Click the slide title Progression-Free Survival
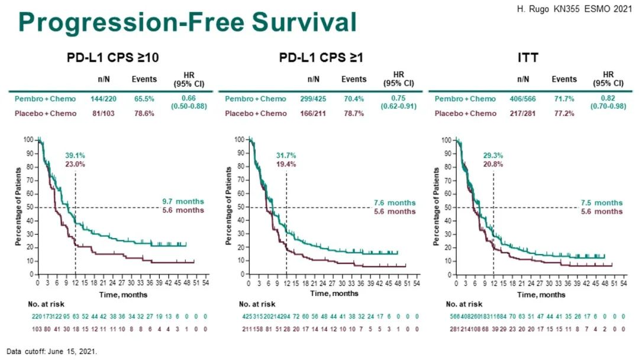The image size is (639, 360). point(187,22)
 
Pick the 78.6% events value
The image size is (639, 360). point(144,113)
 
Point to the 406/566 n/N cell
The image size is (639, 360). point(523,99)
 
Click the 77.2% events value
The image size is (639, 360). point(564,113)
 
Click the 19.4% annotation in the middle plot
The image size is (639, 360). point(286,164)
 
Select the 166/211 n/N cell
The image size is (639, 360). point(317,113)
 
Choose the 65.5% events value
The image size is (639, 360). point(144,99)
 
